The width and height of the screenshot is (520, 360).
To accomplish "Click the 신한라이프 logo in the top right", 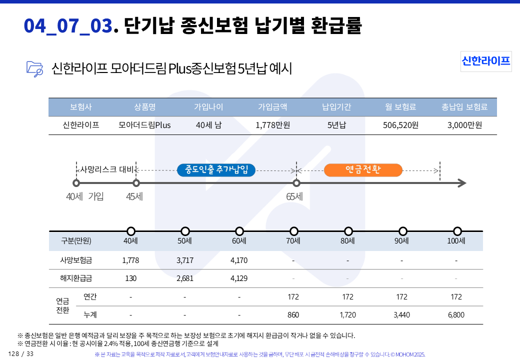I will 486,61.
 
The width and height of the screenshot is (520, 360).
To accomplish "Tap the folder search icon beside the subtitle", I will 34,68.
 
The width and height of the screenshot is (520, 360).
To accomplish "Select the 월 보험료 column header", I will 400,107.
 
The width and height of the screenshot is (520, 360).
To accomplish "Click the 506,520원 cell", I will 400,125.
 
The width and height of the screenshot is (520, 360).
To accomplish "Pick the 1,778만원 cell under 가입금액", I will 272,125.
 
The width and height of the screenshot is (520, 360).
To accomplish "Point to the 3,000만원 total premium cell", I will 464,125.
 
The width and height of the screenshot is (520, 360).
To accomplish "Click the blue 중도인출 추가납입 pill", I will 216,170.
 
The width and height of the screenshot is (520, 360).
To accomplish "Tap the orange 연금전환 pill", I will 363,170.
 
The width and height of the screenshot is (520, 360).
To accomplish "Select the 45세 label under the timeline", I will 134,196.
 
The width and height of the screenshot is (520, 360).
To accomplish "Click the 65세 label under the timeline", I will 294,196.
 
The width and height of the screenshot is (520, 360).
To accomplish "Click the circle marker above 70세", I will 294,231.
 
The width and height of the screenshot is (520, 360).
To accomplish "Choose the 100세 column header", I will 456,241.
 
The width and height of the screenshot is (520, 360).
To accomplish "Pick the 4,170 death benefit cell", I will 239,260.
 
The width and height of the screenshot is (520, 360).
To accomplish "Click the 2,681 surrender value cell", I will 185,278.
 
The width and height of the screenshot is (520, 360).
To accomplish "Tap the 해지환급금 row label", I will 76,278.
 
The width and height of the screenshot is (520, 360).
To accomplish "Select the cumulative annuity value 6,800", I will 456,315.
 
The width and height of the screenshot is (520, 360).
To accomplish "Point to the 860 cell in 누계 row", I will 293,315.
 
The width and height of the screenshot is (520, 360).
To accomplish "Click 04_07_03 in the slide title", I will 67,25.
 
